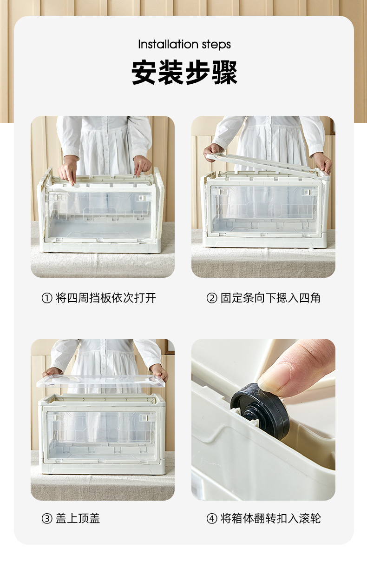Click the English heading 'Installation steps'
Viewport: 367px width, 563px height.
pos(184,45)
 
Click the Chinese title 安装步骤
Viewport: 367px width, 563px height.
pos(184,73)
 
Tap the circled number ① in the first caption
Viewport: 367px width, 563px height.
pos(47,298)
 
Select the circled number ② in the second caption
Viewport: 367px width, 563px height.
pos(212,298)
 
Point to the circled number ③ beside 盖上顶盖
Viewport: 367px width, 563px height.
pos(47,518)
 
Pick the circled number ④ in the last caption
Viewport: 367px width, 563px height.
pos(212,518)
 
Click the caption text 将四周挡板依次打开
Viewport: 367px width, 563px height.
pos(105,298)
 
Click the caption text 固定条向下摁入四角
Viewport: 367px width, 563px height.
pos(271,298)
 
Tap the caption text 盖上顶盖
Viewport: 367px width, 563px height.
pos(78,518)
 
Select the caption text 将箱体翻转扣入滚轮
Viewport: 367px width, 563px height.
pos(271,518)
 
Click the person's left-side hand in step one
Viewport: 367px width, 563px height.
pos(67,170)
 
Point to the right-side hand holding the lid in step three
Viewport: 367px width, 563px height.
pos(159,372)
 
